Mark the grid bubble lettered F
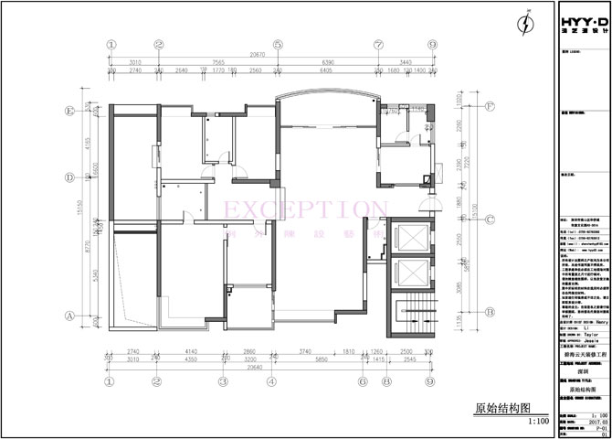491,106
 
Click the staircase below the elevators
403,320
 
